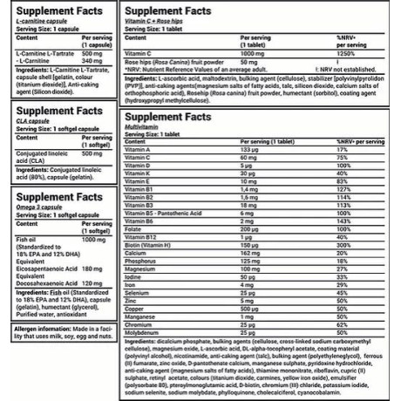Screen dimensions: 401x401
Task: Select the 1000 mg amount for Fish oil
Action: pyautogui.click(x=92, y=239)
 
